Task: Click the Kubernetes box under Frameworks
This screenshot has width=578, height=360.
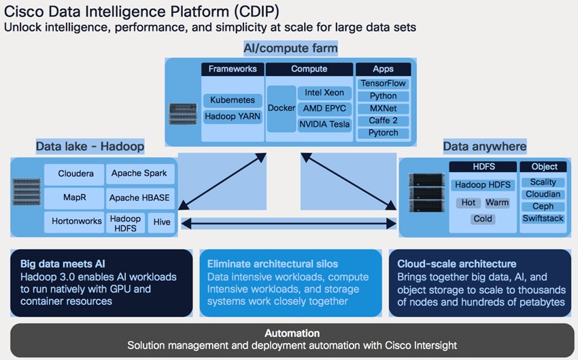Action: (x=233, y=100)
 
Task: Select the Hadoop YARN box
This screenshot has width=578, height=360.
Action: (x=233, y=116)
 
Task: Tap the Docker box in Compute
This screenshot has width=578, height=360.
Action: (x=282, y=108)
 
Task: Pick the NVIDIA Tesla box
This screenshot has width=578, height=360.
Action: (x=324, y=125)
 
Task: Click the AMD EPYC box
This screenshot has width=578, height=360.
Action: (x=324, y=108)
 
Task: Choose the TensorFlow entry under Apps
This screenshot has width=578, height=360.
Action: (x=383, y=84)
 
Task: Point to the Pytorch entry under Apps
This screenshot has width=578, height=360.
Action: (x=383, y=133)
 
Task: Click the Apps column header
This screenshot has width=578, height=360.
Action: (x=383, y=69)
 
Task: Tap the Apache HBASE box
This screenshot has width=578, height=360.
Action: (x=140, y=198)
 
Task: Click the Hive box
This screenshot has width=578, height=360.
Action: (x=161, y=222)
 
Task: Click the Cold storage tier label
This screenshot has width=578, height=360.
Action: (x=483, y=219)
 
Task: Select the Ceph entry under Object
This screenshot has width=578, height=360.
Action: (x=543, y=207)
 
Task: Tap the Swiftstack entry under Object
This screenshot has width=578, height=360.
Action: (x=543, y=218)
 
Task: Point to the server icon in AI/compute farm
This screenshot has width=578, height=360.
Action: (x=183, y=114)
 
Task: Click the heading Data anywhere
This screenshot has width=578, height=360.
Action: (x=485, y=146)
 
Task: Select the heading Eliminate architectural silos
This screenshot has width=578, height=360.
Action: (x=273, y=264)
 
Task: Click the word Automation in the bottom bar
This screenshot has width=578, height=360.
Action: (x=292, y=333)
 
